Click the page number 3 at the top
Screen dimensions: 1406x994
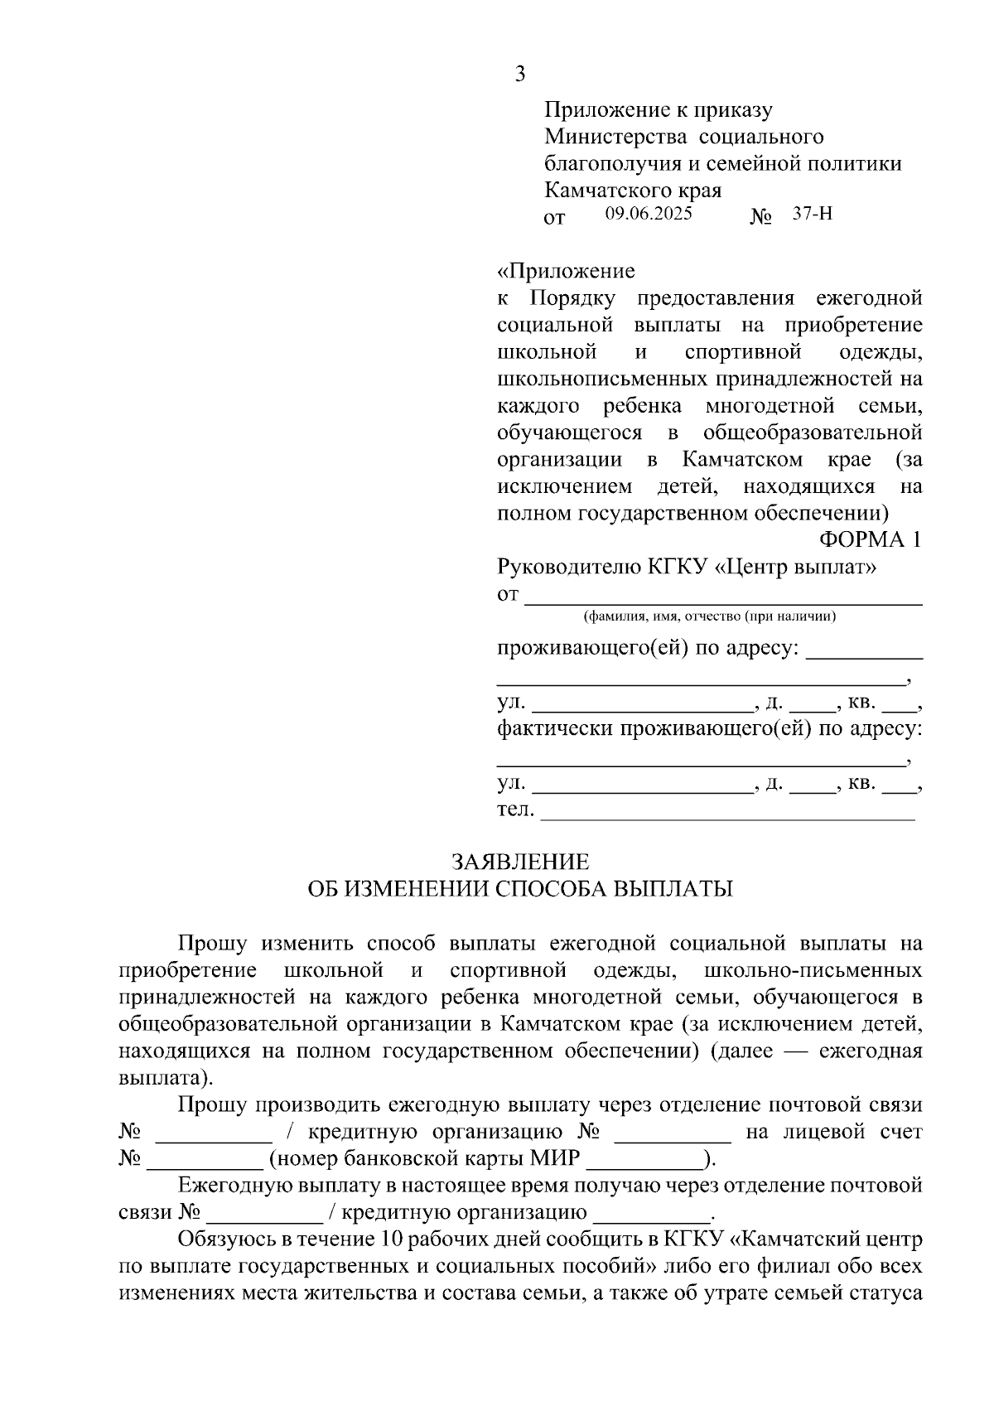click(x=519, y=75)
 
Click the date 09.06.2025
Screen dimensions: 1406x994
click(x=649, y=214)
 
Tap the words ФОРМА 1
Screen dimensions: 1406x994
click(x=870, y=540)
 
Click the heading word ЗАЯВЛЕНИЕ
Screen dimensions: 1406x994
click(x=520, y=862)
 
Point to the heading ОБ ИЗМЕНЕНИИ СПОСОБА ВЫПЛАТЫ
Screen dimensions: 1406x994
click(x=520, y=889)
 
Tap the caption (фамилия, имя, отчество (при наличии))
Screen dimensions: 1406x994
click(x=710, y=616)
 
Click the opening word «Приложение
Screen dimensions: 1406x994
click(x=566, y=271)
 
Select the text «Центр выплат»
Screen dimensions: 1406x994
click(x=794, y=568)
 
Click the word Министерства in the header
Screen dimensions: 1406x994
click(x=610, y=137)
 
